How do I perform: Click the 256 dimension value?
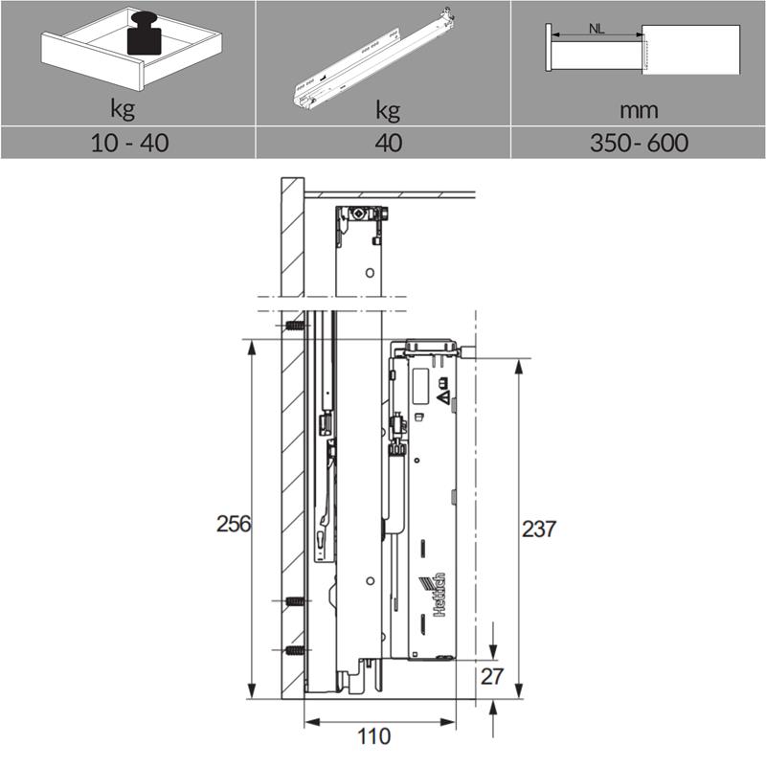click(x=234, y=524)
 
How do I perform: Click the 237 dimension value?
click(x=539, y=529)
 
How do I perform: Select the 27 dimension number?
click(x=491, y=677)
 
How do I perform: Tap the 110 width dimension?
click(x=374, y=736)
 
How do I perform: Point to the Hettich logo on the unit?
click(x=433, y=595)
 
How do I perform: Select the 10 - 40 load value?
click(x=130, y=143)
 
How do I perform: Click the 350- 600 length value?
click(x=639, y=143)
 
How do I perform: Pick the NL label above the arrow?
click(x=597, y=29)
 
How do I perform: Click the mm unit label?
click(x=639, y=110)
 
